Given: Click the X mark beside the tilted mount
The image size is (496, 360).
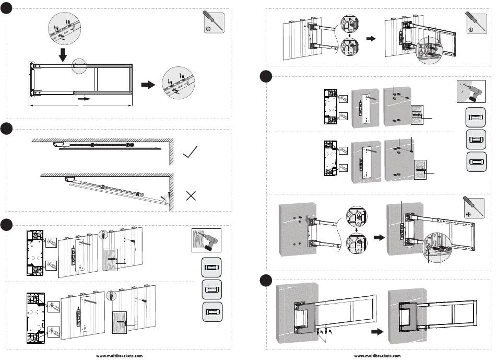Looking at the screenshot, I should (x=191, y=196).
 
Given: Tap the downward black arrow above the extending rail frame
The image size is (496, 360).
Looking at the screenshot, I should (x=63, y=53).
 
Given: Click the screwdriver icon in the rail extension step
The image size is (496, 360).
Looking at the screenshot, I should (x=212, y=23).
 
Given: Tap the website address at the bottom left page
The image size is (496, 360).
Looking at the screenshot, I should (x=118, y=355).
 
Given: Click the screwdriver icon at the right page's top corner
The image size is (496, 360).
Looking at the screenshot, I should (x=474, y=23).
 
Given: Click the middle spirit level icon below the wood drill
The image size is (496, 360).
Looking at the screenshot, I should (x=211, y=289).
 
